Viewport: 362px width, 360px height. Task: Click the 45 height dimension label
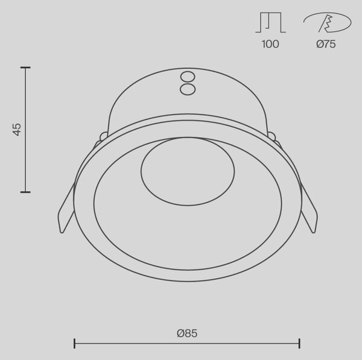tap(17, 130)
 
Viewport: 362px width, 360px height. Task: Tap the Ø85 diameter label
tap(187, 333)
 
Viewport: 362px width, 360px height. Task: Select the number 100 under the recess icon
tap(270, 44)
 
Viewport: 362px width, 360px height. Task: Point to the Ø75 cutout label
tap(326, 44)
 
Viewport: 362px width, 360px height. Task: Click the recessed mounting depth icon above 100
tap(270, 22)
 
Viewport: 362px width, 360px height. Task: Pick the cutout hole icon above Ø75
tap(327, 22)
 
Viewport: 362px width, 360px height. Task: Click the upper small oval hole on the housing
tap(188, 77)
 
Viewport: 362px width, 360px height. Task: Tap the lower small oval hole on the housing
tap(188, 89)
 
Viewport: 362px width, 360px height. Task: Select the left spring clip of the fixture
tap(66, 207)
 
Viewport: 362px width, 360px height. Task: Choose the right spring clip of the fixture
tap(310, 207)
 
